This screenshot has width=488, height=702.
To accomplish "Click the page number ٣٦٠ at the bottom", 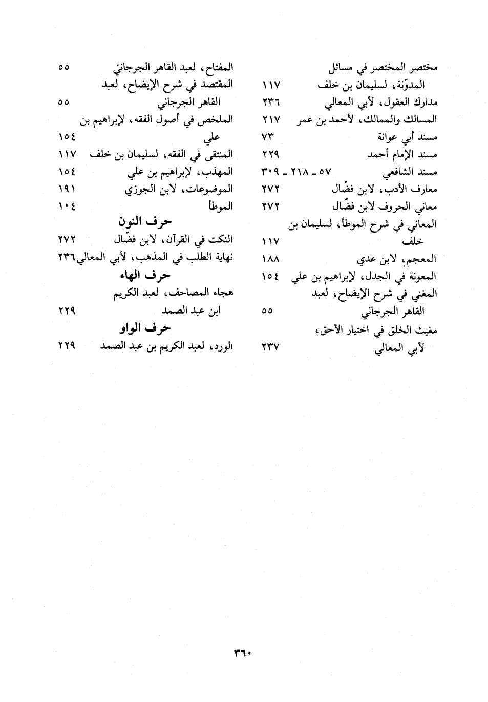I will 244,653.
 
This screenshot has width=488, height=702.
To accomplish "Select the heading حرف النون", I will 144,222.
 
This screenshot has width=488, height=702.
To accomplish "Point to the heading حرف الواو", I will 145,328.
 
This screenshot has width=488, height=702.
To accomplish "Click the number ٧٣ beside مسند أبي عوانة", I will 268,137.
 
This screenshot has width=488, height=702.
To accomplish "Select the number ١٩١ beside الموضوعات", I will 67,189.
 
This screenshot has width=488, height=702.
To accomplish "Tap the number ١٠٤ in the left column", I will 67,207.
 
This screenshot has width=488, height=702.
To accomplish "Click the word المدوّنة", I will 410,85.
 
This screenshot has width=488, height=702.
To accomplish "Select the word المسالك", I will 421,119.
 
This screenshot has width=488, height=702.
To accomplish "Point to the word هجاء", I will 223,294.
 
